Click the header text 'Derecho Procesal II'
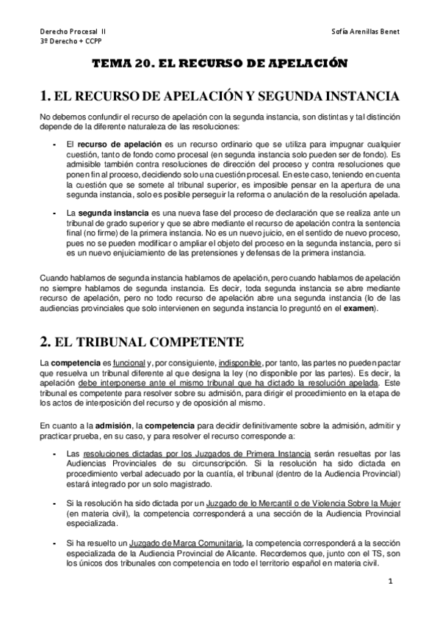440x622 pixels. (x=73, y=33)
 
